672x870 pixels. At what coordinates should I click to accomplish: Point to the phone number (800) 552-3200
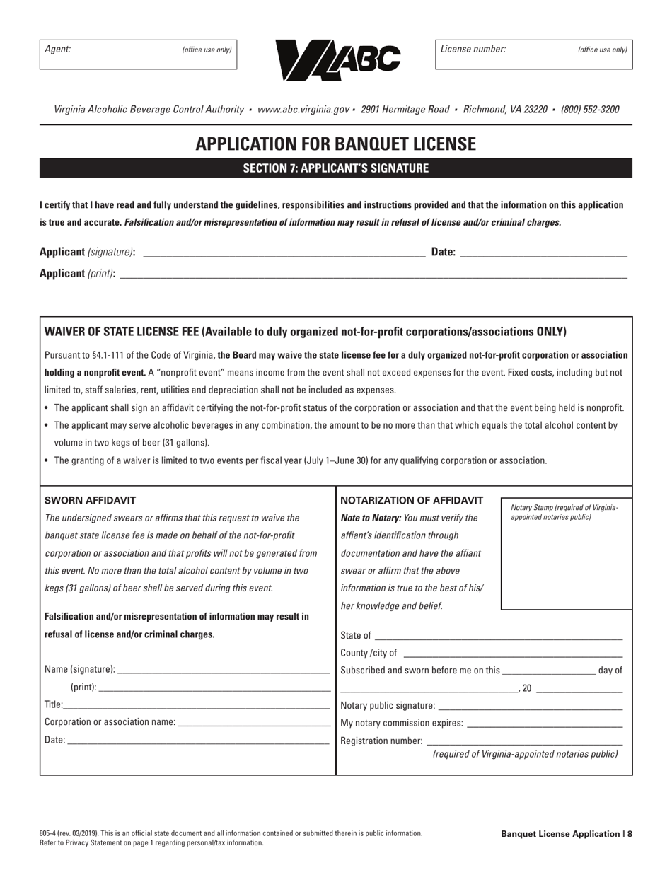tap(590, 110)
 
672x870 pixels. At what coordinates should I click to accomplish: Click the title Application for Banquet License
tap(336, 144)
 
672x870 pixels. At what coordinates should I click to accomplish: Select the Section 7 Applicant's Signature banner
tap(336, 168)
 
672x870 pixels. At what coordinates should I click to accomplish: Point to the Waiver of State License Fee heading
tap(306, 332)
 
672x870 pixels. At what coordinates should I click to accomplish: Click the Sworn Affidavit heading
tap(90, 500)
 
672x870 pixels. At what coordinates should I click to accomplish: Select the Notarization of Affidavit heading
tap(412, 500)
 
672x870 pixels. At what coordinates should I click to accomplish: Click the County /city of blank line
tap(512, 653)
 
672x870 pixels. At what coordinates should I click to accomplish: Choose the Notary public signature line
tap(531, 705)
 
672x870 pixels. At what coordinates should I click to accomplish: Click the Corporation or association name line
tap(254, 722)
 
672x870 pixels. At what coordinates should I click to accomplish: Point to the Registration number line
tap(523, 741)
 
